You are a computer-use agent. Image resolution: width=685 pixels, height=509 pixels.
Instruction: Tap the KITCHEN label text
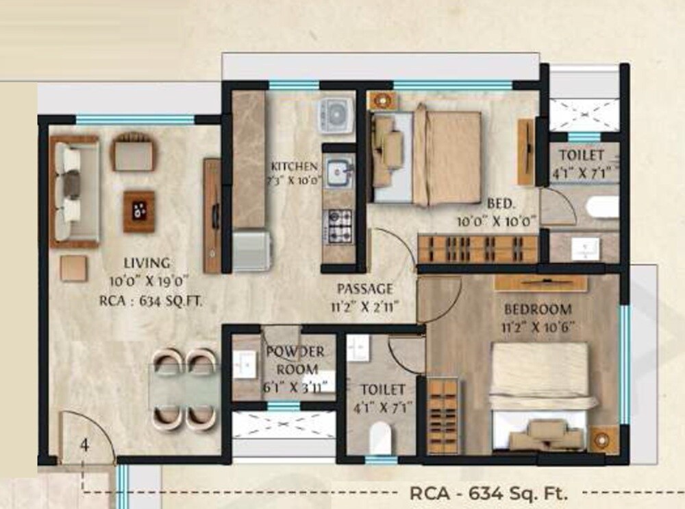click(294, 167)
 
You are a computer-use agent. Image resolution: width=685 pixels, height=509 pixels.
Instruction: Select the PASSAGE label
click(364, 289)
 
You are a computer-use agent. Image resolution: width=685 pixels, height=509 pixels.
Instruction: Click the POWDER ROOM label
click(295, 352)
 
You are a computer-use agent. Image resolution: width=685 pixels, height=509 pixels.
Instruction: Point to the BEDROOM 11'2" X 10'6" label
click(537, 309)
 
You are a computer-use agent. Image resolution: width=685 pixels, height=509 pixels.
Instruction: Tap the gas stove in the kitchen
click(338, 222)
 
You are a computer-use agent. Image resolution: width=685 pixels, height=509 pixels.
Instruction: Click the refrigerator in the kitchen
click(251, 251)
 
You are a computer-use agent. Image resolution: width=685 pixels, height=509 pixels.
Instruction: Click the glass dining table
click(184, 387)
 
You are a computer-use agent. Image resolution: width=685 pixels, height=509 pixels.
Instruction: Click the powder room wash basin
click(243, 365)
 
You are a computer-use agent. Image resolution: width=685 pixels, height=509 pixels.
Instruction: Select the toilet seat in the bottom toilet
click(379, 435)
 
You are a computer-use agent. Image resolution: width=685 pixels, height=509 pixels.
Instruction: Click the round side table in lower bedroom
click(603, 437)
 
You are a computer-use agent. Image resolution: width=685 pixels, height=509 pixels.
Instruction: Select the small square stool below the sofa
click(73, 268)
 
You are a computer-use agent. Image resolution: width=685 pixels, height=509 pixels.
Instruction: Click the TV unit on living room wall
click(212, 215)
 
